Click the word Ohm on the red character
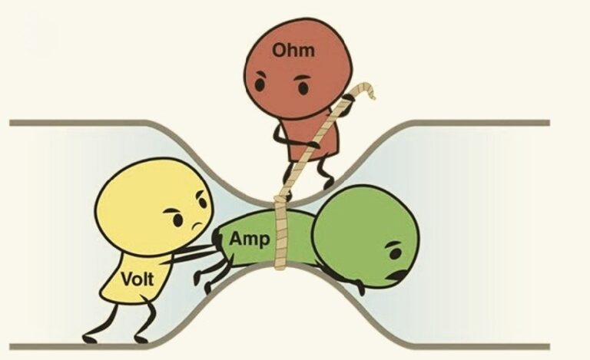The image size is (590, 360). pos(289,51)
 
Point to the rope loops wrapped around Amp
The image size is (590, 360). pos(283,233)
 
